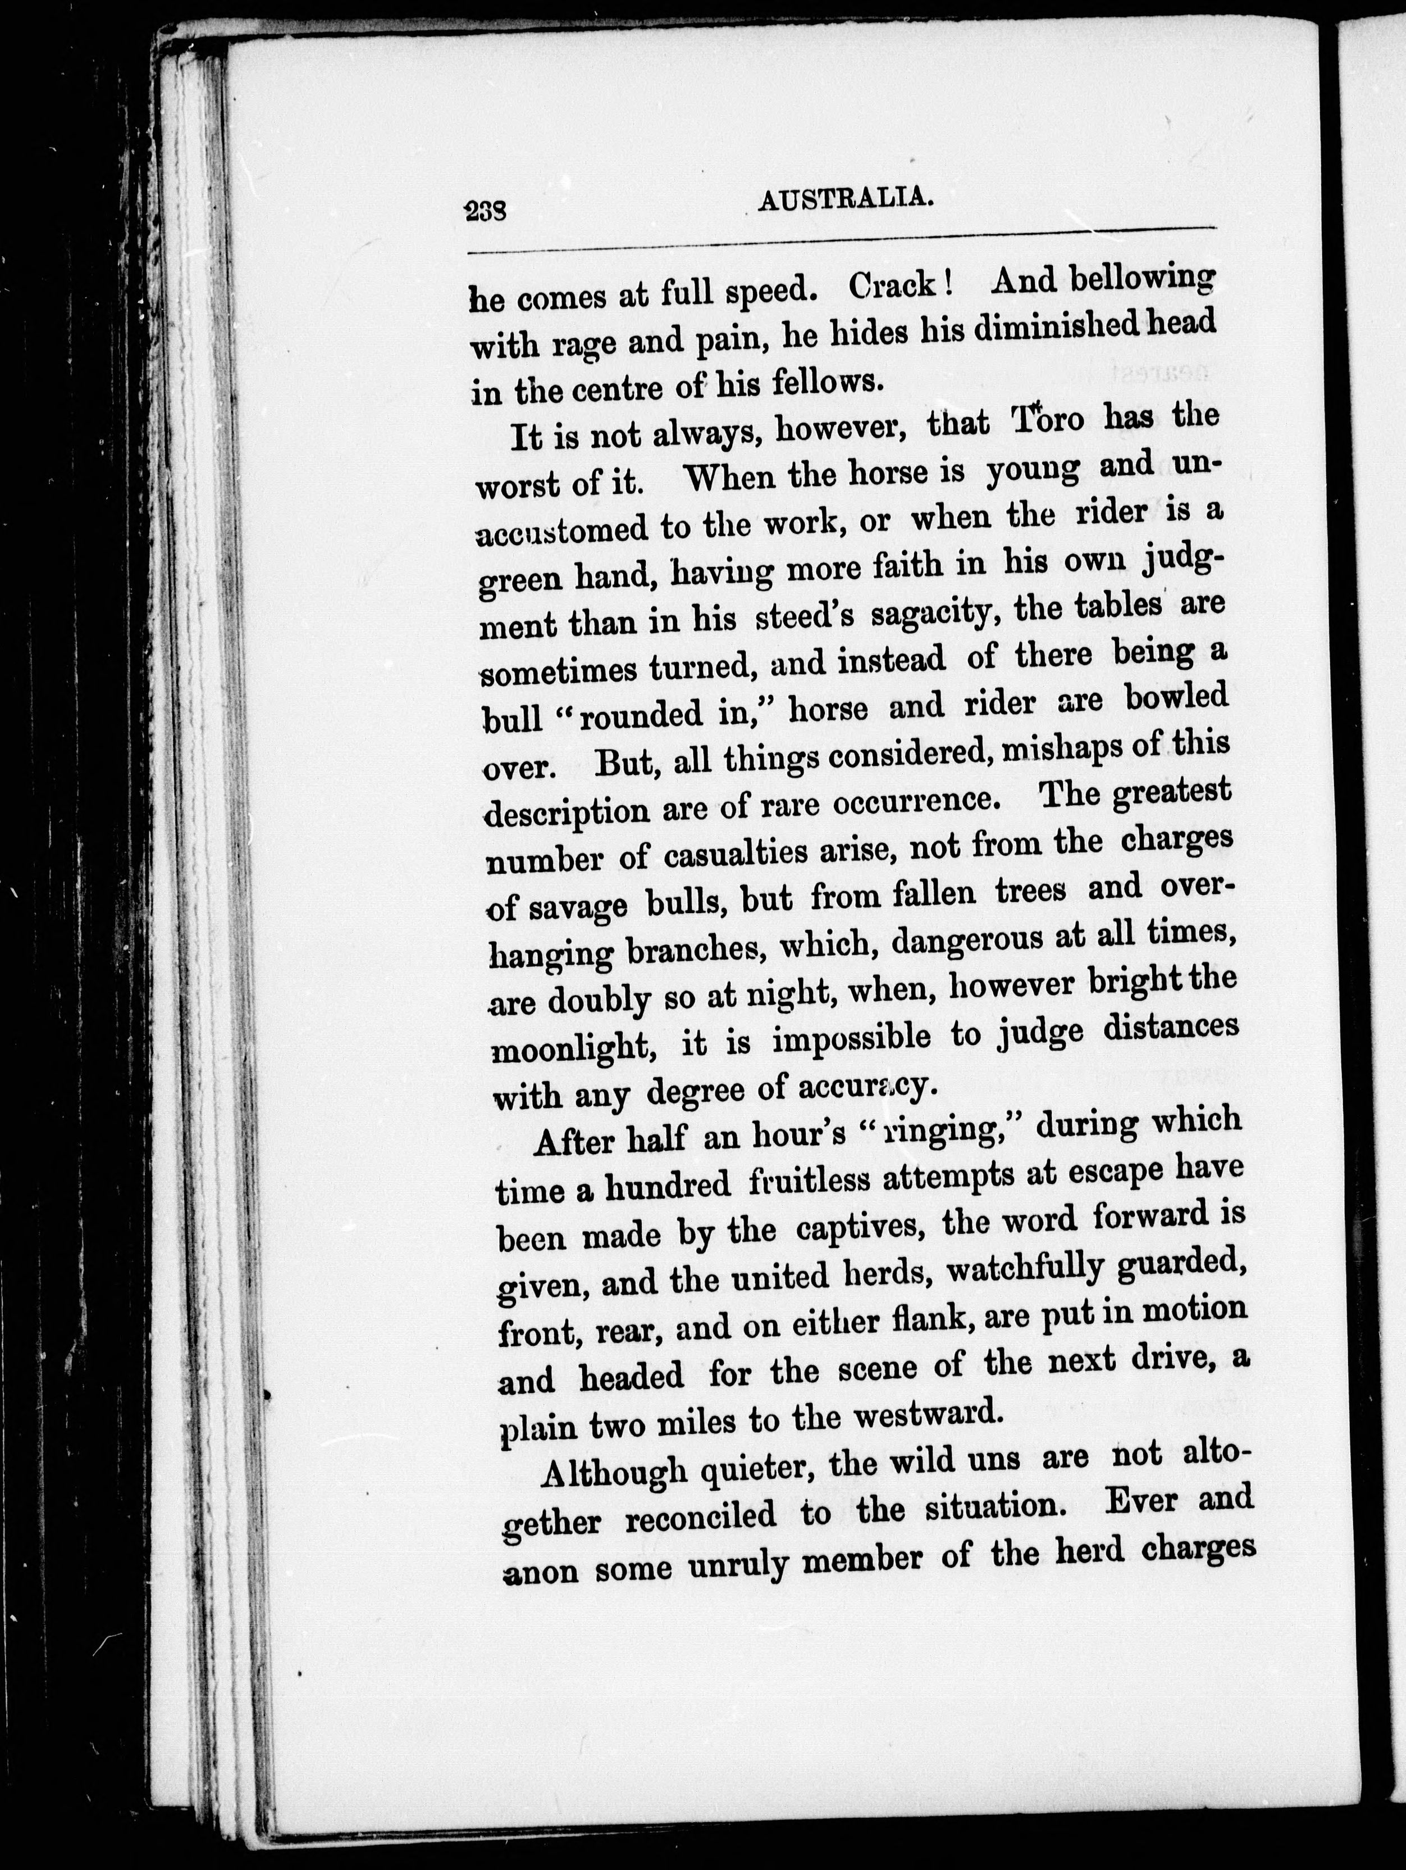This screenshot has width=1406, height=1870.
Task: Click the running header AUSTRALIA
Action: point(845,199)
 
